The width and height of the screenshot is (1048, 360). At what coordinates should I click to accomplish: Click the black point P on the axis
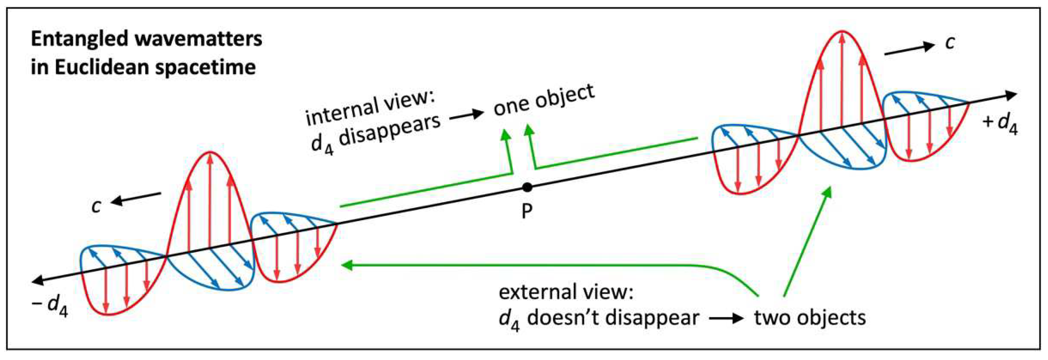pos(527,187)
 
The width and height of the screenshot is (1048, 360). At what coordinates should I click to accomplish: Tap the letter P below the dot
pos(527,212)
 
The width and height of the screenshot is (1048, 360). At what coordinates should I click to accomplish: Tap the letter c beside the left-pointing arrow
pos(96,206)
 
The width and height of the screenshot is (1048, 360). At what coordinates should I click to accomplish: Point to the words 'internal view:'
pos(370,108)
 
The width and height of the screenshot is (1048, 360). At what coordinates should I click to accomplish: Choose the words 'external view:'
pos(566,292)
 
